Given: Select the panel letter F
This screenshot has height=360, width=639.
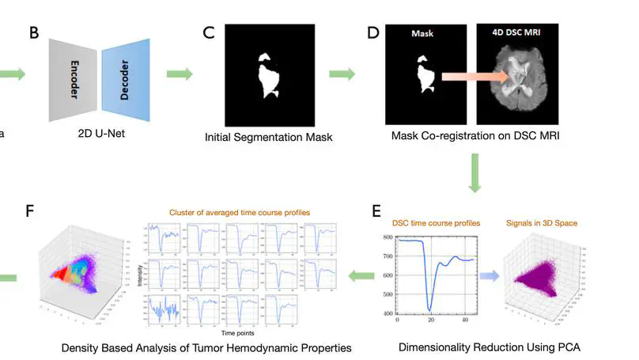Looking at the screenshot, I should pyautogui.click(x=30, y=211).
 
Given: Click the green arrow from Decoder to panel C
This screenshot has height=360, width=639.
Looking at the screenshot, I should pyautogui.click(x=180, y=74).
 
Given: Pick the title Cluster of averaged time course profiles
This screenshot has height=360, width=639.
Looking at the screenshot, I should pyautogui.click(x=240, y=212).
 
